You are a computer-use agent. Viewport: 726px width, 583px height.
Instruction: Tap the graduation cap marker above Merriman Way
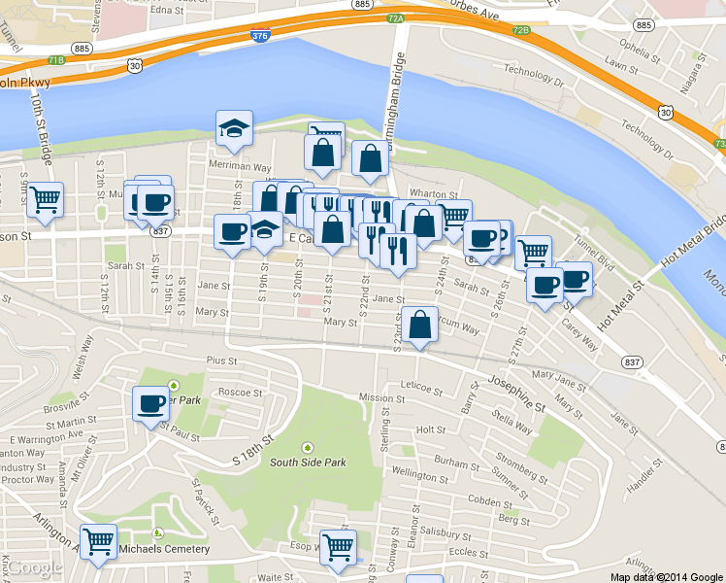[x=233, y=129]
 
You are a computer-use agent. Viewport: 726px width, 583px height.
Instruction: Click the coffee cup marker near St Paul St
[x=150, y=403]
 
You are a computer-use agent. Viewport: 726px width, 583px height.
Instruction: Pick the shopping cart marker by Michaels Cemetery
[x=98, y=542]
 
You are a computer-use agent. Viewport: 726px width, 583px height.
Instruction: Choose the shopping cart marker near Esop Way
[x=338, y=547]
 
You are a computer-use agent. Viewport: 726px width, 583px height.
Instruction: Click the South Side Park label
[x=308, y=463]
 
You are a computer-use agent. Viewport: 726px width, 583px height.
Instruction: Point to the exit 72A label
[x=394, y=17]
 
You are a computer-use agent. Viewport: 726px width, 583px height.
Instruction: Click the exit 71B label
[x=55, y=60]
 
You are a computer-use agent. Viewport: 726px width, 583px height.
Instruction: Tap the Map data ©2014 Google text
[x=666, y=576]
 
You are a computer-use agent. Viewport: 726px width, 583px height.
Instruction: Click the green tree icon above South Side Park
[x=308, y=447]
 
